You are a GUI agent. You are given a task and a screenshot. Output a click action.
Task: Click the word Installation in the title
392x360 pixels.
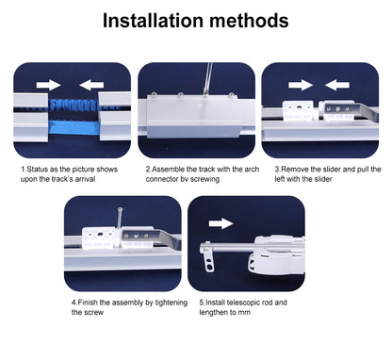point(153,21)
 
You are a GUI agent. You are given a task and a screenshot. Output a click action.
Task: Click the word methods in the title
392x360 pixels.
point(249,21)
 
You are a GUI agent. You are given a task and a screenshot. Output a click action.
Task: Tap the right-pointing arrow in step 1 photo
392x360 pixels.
point(48,85)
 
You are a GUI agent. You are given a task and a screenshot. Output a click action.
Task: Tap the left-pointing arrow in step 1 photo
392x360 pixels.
point(91,85)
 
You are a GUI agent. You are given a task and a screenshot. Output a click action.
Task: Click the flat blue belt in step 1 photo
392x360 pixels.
point(74,128)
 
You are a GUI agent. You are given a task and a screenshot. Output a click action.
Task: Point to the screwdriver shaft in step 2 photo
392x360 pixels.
point(208,78)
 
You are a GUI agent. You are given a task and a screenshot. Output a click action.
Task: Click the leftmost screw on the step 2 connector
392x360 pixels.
point(154,95)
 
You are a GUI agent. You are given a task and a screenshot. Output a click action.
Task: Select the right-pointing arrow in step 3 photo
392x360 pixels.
point(301,85)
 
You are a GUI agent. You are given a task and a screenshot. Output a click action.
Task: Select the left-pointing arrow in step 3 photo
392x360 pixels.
point(337,85)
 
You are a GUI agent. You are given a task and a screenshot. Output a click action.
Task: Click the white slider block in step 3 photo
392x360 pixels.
point(298,110)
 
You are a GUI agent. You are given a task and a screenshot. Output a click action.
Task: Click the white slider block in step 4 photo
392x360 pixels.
point(99,238)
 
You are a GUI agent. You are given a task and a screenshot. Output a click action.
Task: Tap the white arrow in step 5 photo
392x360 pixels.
point(221,223)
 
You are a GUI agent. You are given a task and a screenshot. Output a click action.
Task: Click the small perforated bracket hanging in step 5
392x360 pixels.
point(208,257)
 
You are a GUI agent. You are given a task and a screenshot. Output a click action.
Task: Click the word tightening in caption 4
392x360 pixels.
point(171,303)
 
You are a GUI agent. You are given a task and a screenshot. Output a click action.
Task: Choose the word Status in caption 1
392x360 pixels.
point(38,169)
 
